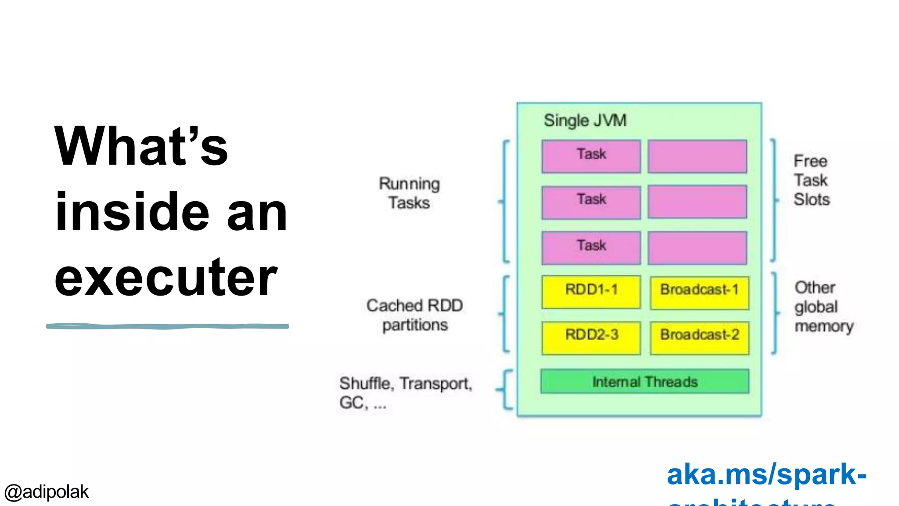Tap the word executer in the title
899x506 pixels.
(x=165, y=278)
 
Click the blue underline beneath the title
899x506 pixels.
(x=167, y=326)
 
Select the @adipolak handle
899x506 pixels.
(x=47, y=492)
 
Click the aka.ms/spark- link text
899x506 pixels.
(x=766, y=475)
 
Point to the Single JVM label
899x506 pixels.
(x=585, y=120)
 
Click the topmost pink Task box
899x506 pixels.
(x=591, y=156)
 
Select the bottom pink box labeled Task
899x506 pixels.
(x=591, y=247)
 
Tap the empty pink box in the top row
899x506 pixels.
(x=697, y=156)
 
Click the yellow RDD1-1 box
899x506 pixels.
(x=591, y=291)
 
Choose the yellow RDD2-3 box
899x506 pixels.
(x=591, y=337)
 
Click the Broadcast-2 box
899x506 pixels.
(x=699, y=337)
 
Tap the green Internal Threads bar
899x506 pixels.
(x=644, y=381)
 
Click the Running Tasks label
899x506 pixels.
(x=409, y=193)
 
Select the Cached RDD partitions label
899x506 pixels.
(x=414, y=315)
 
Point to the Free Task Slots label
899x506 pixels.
(x=811, y=180)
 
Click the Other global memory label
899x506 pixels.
(x=823, y=307)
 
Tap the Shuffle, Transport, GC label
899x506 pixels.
(x=405, y=392)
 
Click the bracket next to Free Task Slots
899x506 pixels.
(x=774, y=200)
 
